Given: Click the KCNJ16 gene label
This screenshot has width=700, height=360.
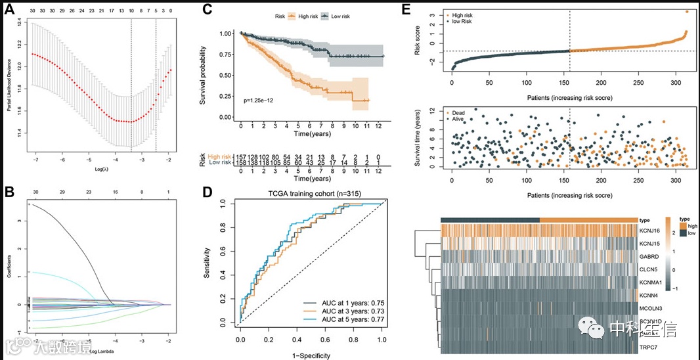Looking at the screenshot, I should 649,231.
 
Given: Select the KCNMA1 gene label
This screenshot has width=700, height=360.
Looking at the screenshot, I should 651,282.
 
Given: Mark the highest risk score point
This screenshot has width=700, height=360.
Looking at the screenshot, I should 687,11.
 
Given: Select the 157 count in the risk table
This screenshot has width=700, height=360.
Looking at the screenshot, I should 242,156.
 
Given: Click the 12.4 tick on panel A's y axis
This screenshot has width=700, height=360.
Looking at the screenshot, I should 20,22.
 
